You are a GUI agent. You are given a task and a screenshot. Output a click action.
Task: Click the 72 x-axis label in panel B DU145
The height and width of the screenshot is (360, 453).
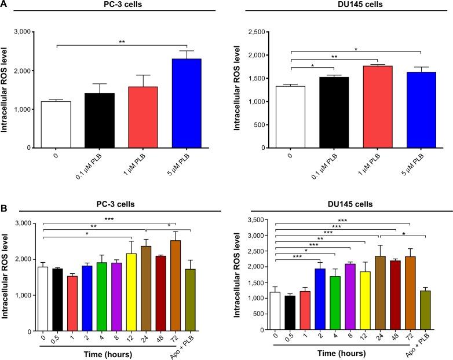tap(411, 337)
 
